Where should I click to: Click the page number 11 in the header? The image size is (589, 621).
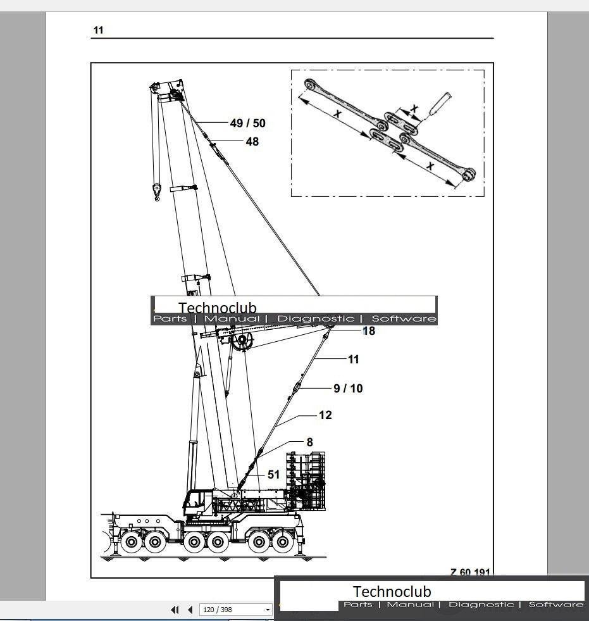(98, 30)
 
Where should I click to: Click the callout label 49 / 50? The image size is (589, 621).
(247, 123)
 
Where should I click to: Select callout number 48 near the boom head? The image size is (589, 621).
(252, 142)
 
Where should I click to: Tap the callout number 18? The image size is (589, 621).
(368, 331)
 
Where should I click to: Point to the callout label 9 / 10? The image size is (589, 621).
(348, 388)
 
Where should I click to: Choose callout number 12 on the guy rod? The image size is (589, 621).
(325, 415)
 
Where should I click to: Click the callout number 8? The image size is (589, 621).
(309, 442)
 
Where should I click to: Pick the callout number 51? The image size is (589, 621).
(273, 474)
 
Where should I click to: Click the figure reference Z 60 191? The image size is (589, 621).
(470, 572)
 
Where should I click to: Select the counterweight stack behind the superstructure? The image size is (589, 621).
(306, 481)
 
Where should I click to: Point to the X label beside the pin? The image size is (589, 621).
(414, 109)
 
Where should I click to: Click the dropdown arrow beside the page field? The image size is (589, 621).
(268, 610)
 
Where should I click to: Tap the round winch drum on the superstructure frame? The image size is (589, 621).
(242, 342)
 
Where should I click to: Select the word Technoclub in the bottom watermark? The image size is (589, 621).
(392, 592)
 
